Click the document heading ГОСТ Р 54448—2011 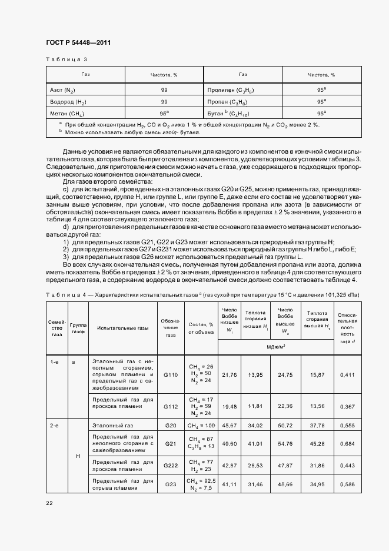pos(78,43)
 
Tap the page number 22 pos(49,502)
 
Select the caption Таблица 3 pos(67,59)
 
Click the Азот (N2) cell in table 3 pos(63,90)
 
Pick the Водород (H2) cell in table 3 pos(66,101)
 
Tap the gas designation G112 pos(171,406)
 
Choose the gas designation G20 pos(171,425)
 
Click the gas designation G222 pos(171,465)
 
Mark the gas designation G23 pos(171,484)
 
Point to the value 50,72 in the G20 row pos(285,425)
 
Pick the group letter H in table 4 pos(78,456)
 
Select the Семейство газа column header pos(57,327)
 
